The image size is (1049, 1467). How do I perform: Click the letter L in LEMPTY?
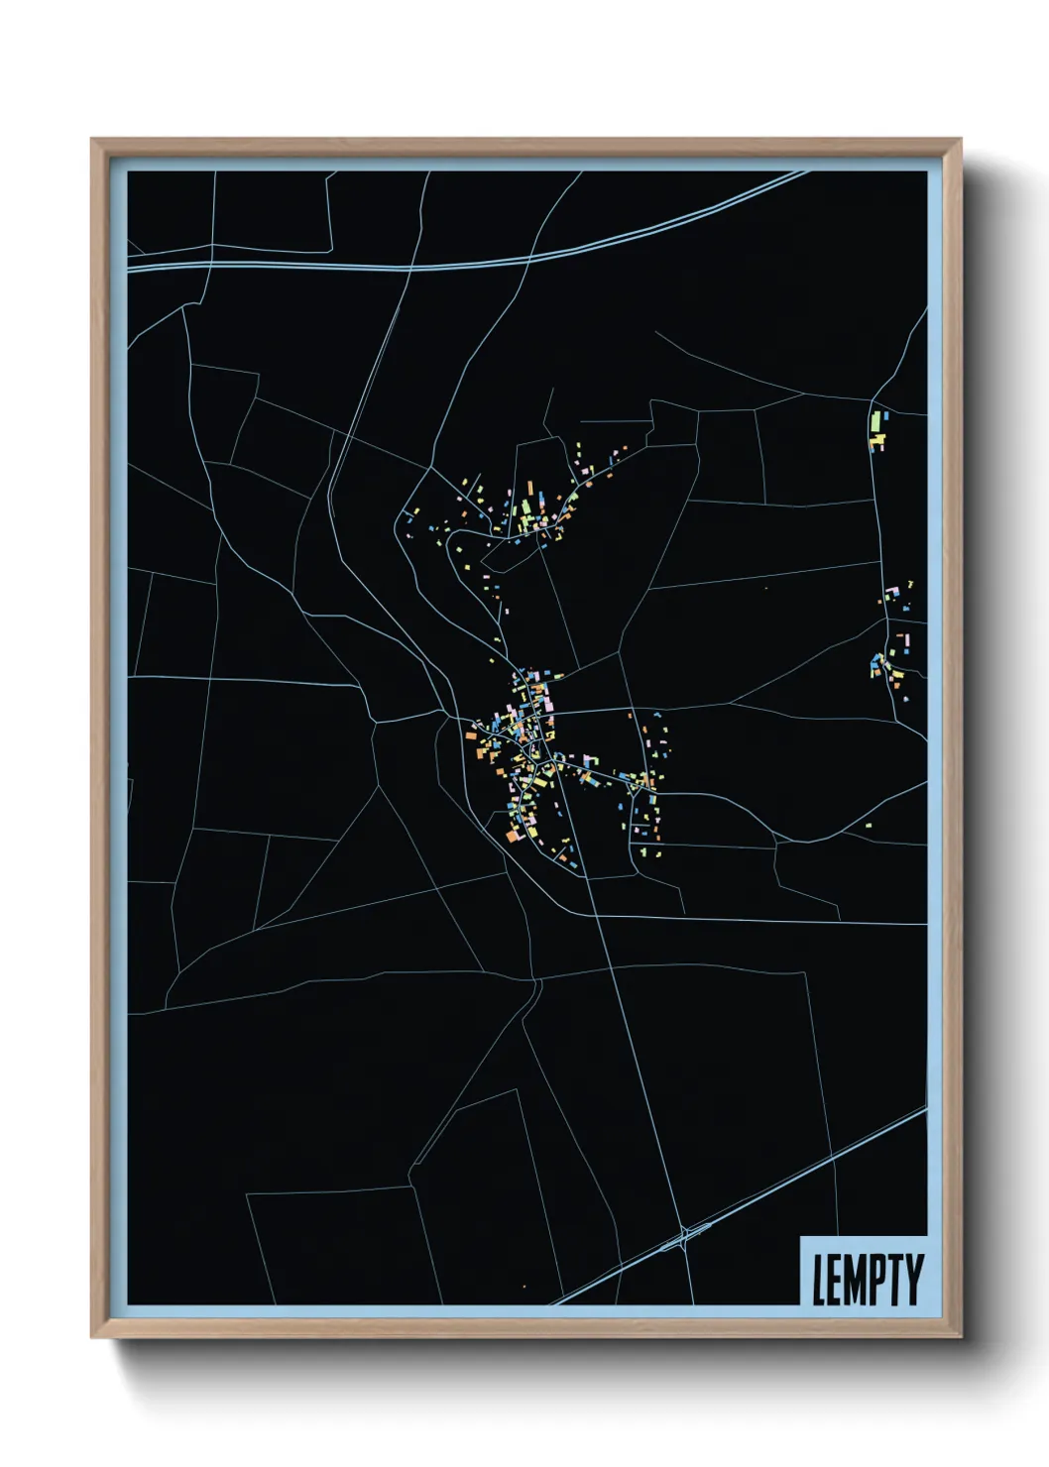[x=820, y=1280]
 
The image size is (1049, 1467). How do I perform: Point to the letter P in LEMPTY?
[x=882, y=1280]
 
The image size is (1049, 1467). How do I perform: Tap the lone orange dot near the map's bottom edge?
[x=524, y=1288]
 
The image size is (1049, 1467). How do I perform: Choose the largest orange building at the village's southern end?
[x=513, y=837]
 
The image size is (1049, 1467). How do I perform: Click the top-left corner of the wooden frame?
[x=91, y=139]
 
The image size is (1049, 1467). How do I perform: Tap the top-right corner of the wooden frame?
[x=961, y=139]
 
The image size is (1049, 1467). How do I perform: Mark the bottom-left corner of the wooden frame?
[x=91, y=1338]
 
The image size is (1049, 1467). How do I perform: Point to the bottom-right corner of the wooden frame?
[x=961, y=1338]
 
